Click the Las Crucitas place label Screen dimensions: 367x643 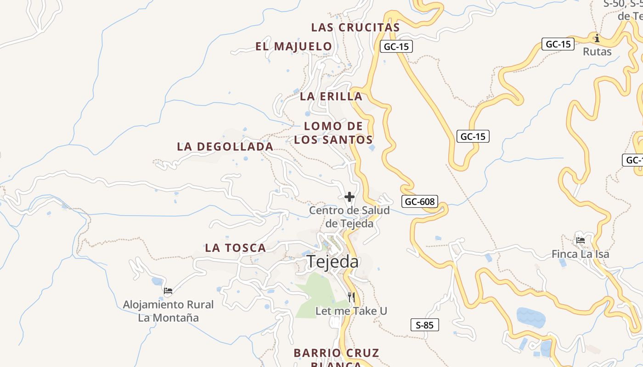point(355,28)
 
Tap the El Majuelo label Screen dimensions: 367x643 point(293,46)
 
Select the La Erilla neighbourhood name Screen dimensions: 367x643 point(331,97)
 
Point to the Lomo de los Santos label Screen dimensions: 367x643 point(333,133)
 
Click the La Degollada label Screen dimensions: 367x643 point(225,147)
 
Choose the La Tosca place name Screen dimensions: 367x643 point(235,248)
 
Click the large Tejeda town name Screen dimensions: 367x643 point(333,261)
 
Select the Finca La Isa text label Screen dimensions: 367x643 point(581,254)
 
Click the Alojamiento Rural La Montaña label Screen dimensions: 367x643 point(169,311)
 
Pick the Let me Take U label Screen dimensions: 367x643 point(351,311)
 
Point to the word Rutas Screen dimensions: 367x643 point(597,52)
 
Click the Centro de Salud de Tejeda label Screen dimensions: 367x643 point(349,217)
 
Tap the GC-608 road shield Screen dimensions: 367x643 point(420,201)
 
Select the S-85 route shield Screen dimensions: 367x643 point(424,325)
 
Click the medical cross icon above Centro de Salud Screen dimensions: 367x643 point(350,197)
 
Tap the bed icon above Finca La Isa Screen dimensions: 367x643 point(581,240)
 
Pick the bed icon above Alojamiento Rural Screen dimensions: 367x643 point(168,290)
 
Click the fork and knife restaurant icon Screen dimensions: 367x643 point(351,297)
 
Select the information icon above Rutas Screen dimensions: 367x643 point(597,38)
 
